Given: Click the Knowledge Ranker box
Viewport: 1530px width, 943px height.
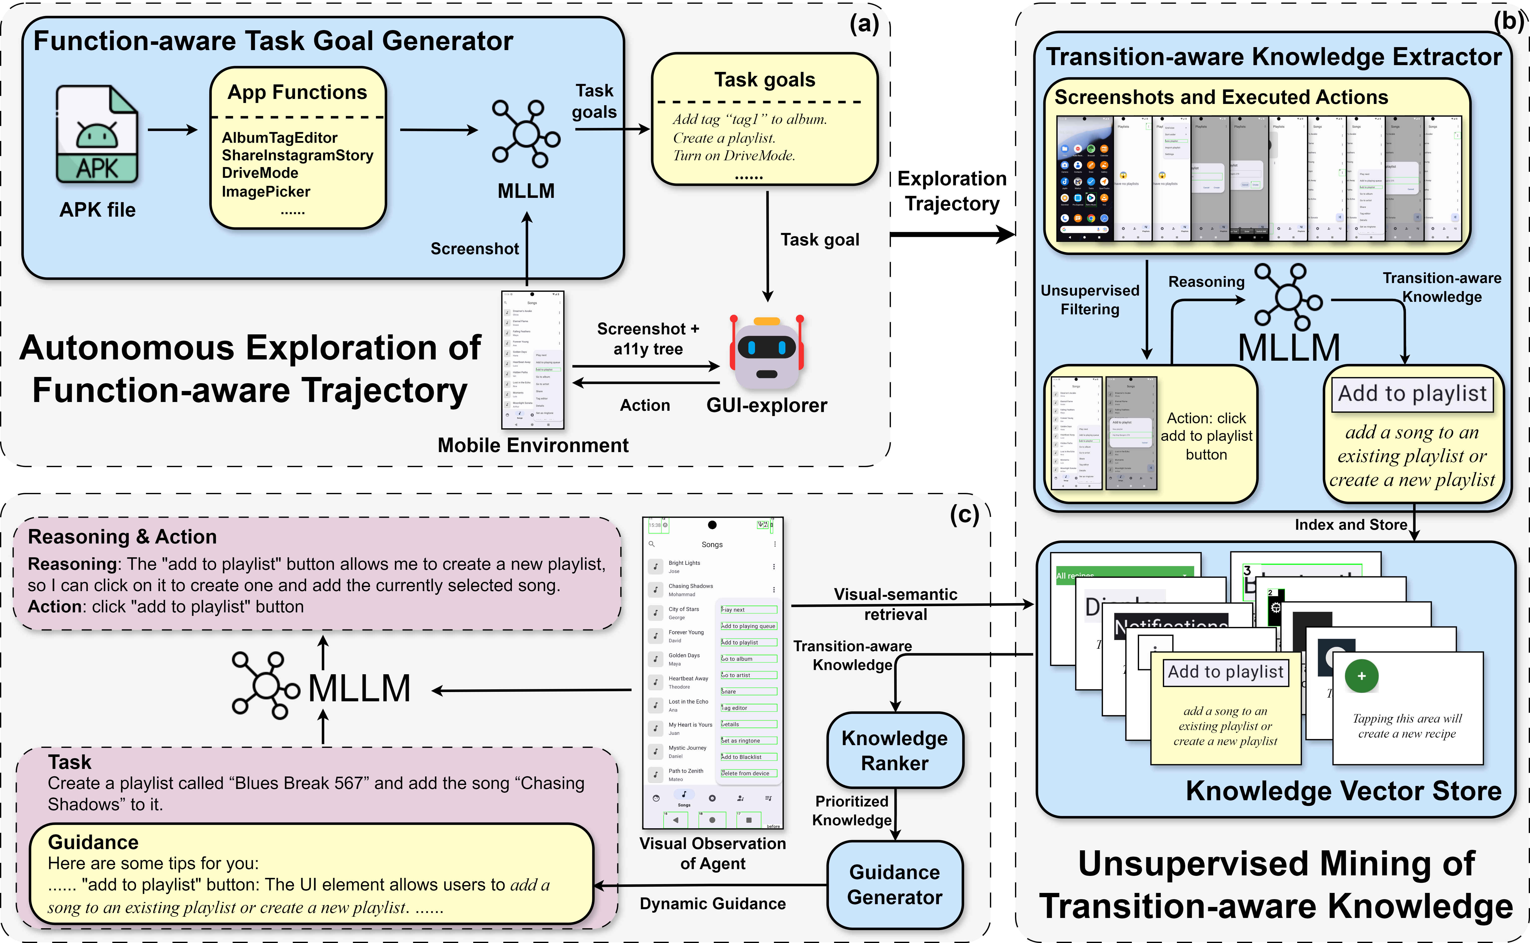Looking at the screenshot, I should point(894,750).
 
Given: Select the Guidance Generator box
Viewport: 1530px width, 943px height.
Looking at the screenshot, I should point(894,884).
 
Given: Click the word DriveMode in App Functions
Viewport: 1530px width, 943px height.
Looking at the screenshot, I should point(260,173).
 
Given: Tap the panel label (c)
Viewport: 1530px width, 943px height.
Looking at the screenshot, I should point(964,515).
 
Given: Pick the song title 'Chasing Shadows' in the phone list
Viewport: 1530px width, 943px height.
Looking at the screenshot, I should point(690,586).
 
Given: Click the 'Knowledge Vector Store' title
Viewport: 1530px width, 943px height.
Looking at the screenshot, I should point(1343,791).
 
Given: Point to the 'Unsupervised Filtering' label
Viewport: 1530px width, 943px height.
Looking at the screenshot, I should point(1089,300).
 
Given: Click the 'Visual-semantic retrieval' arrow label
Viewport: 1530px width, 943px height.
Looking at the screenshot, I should point(895,604).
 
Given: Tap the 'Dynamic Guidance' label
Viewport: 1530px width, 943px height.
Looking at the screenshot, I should point(712,904).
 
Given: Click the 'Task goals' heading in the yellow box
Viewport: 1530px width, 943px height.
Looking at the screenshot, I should point(764,80).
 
